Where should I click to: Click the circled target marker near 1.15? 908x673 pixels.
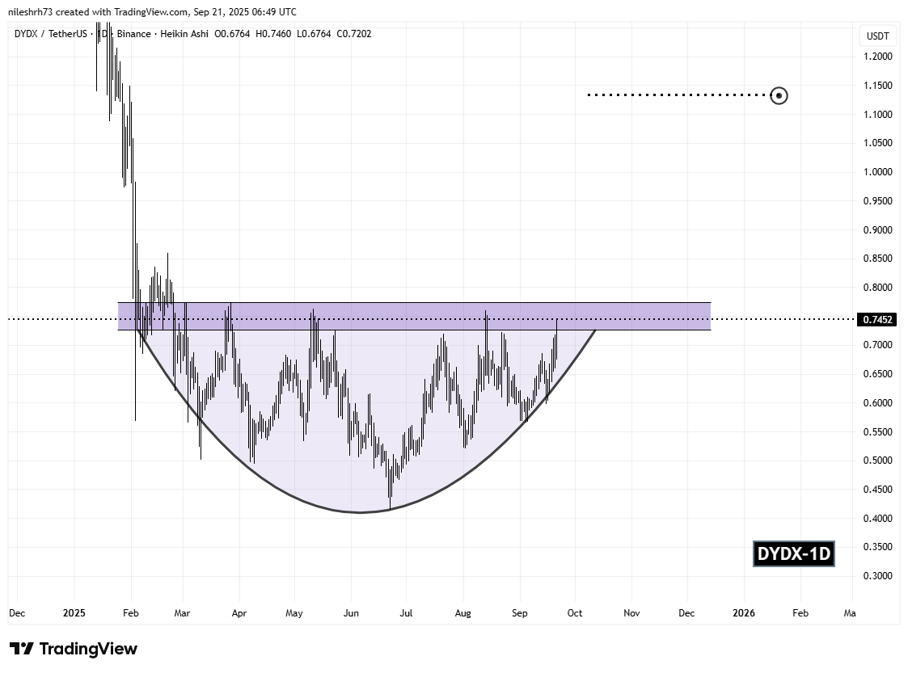coord(779,95)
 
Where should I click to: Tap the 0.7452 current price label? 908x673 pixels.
coord(878,320)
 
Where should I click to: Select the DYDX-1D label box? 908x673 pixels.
coord(793,554)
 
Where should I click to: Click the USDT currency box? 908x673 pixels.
coord(877,36)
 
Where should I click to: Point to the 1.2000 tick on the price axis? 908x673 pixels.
coord(877,57)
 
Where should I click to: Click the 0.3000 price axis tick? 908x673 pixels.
coord(877,576)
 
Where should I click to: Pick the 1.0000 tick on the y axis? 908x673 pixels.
coord(877,172)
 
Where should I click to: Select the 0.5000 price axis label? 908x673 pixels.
coord(877,461)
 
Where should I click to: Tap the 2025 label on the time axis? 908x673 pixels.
coord(74,613)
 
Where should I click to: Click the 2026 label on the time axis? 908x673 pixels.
coord(743,613)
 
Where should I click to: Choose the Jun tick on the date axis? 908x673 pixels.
coord(350,613)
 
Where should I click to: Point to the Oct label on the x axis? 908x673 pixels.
coord(575,613)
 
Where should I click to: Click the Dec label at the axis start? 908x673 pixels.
coord(17,613)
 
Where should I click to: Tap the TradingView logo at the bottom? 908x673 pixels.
coord(74,649)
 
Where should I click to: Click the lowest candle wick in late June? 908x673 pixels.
coord(390,507)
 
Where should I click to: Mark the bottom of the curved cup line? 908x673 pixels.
coord(360,512)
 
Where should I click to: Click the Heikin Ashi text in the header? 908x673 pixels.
coord(188,33)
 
